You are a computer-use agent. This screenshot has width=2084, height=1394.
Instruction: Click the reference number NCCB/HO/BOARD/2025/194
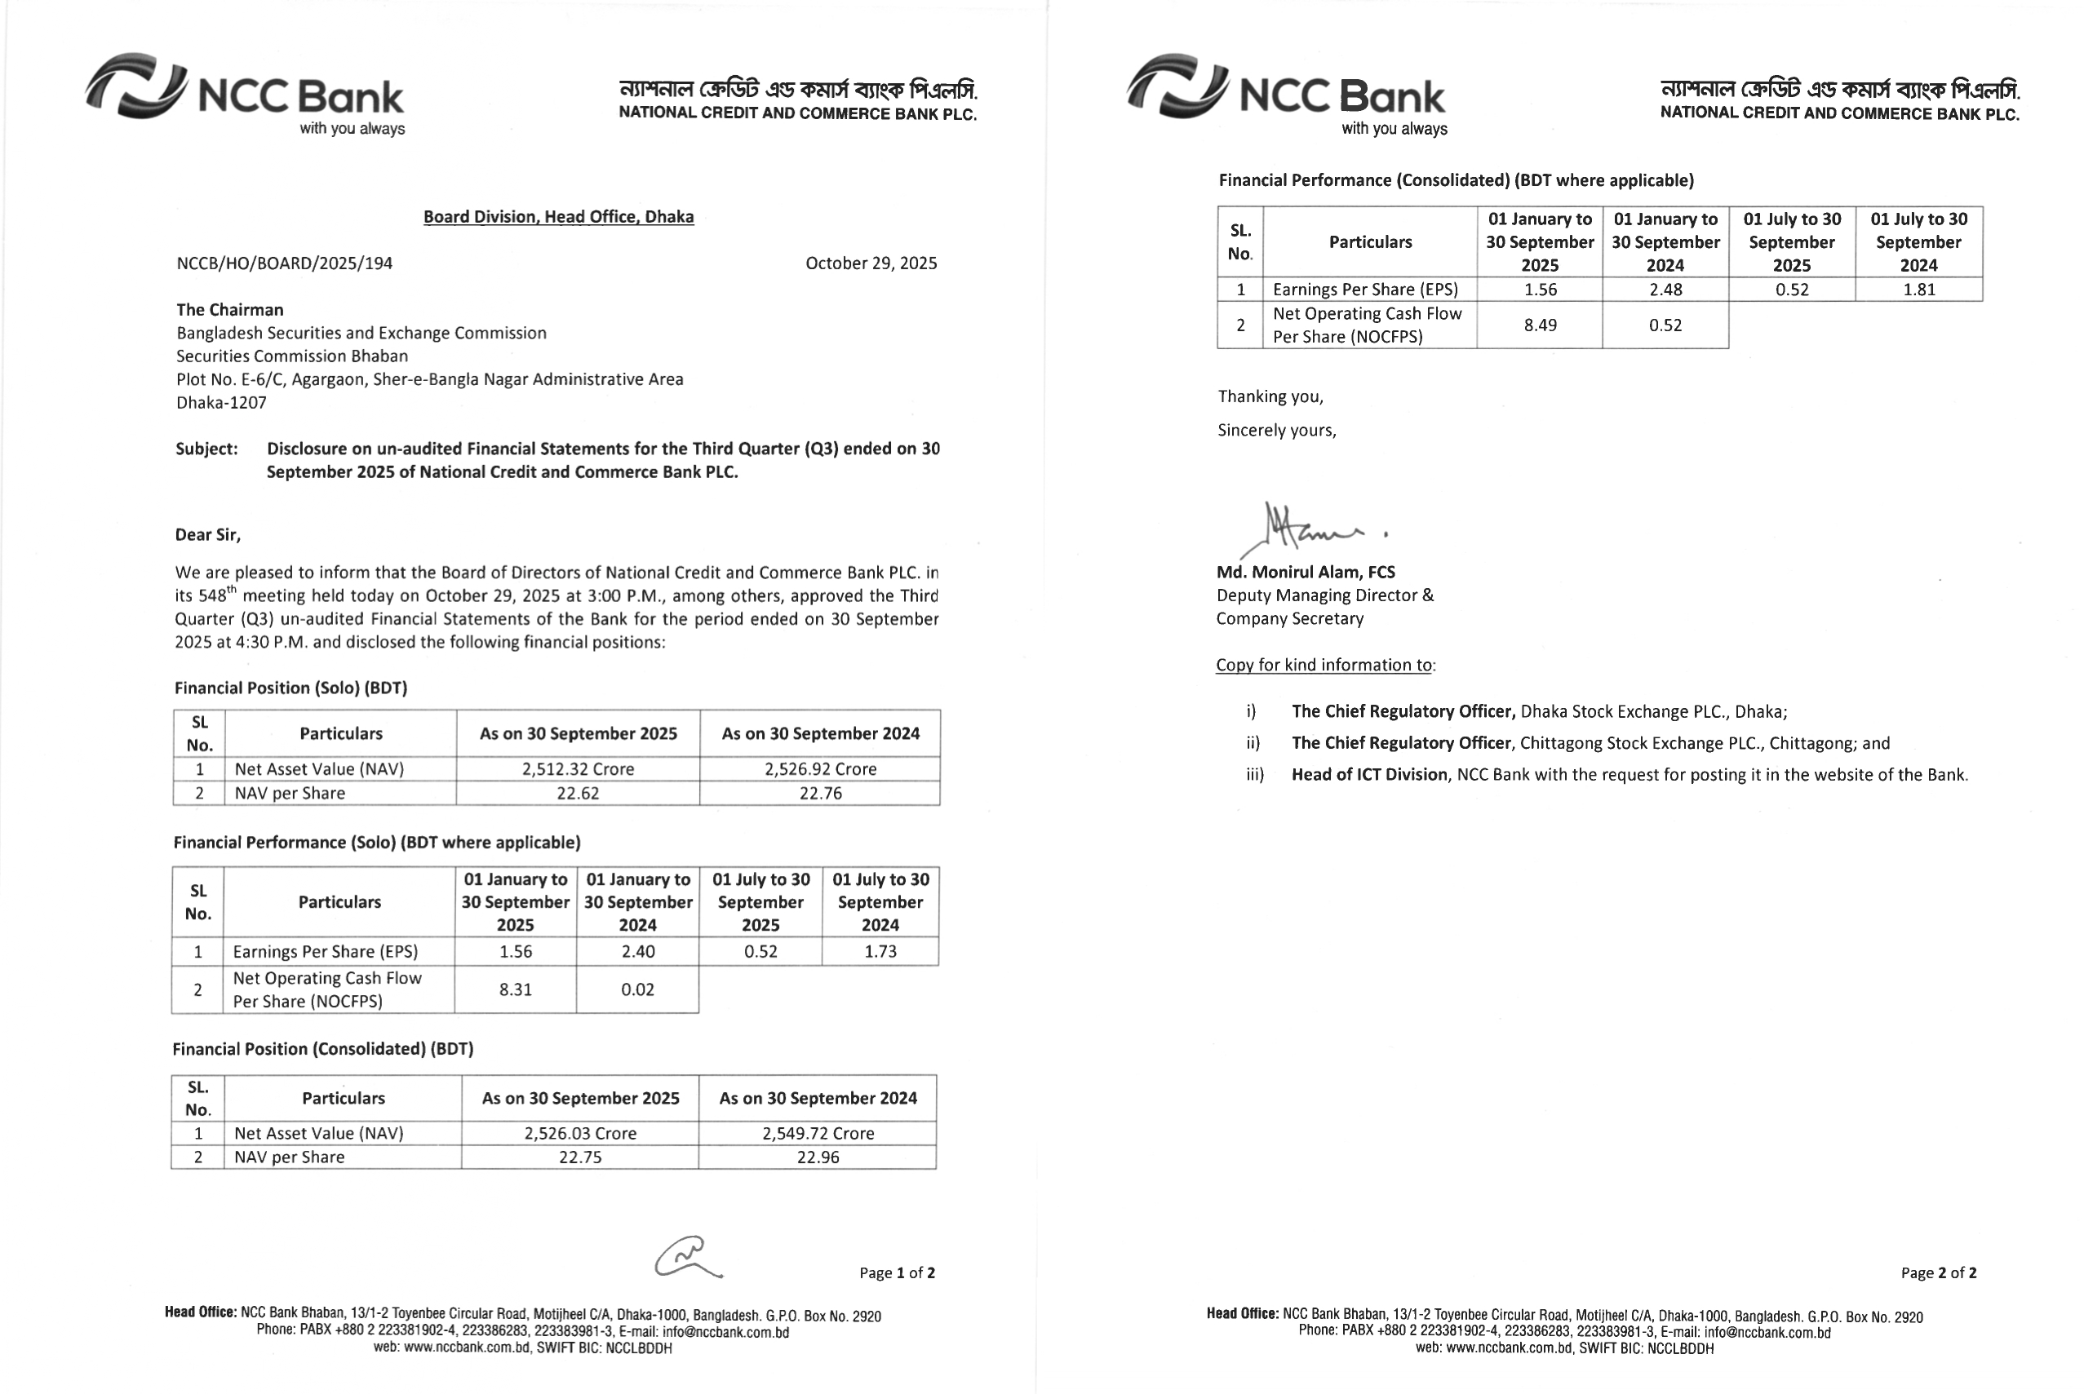point(285,263)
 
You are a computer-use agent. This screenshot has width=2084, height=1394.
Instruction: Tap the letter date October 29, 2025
point(871,263)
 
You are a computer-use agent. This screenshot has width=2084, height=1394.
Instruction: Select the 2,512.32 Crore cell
point(578,769)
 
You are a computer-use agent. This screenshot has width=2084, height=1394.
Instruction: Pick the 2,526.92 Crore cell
point(820,769)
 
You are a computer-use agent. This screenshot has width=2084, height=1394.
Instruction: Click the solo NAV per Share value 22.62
point(578,793)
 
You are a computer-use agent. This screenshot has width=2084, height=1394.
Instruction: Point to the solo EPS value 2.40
point(637,951)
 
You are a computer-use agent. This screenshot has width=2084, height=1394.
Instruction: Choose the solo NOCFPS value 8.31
point(516,989)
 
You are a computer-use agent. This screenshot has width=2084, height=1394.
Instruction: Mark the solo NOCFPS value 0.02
point(637,989)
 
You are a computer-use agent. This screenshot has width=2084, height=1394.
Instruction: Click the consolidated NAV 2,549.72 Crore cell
point(817,1134)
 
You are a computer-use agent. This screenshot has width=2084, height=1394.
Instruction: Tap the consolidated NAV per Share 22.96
point(817,1157)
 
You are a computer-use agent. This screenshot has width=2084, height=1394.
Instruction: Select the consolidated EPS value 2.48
point(1665,290)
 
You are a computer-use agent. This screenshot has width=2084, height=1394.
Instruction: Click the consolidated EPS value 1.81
point(1918,290)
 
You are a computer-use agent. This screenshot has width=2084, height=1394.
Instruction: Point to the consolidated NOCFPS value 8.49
point(1540,325)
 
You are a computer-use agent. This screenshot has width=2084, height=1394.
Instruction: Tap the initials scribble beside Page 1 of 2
point(687,1258)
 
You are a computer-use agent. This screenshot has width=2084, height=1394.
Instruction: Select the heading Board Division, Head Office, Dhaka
point(558,217)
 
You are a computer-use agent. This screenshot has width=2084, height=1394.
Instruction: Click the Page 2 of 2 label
point(1938,1273)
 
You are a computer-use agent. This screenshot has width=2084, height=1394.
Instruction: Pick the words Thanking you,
point(1270,396)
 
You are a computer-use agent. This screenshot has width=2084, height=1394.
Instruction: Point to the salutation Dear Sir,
point(208,534)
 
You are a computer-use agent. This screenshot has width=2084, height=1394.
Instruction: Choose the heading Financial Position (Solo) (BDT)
point(290,688)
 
